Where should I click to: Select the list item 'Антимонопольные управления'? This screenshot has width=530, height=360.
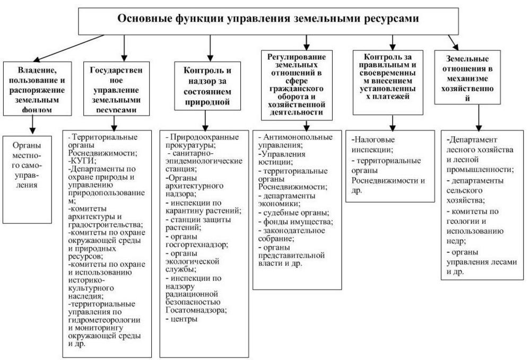click(292, 140)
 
